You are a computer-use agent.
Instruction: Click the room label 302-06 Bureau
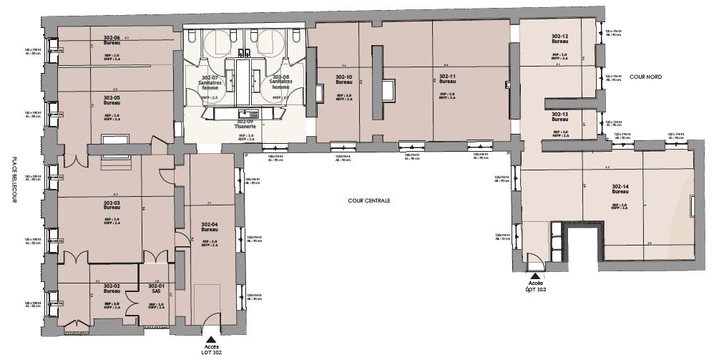point(111,41)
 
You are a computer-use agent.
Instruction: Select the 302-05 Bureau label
point(111,100)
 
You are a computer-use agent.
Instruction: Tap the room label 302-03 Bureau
point(111,206)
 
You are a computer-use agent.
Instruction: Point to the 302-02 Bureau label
point(111,288)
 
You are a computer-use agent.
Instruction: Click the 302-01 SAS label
point(157,288)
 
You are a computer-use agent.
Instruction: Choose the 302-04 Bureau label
point(209,227)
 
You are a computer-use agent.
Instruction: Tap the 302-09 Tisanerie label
point(245,125)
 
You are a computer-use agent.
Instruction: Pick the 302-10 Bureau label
point(344,79)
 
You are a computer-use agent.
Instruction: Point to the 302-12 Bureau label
point(559,39)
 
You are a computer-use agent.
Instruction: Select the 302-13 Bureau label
point(559,117)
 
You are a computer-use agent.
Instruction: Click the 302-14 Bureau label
point(620,190)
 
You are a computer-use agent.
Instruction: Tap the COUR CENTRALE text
point(369,201)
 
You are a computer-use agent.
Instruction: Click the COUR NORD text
point(646,75)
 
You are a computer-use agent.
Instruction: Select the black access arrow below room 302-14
point(534,274)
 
